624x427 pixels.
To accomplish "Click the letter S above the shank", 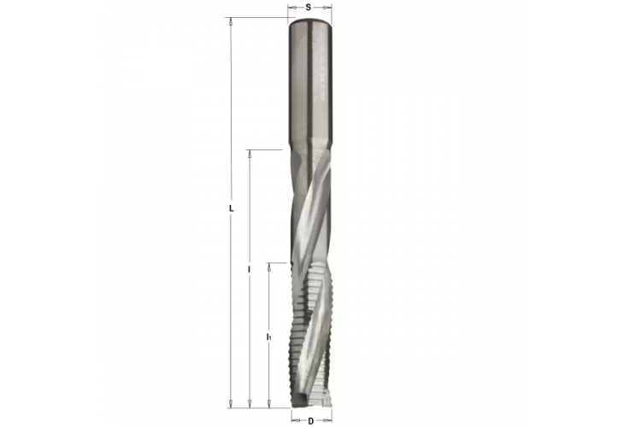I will [309, 6].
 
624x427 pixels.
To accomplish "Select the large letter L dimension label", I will [232, 208].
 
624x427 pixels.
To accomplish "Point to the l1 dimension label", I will [268, 337].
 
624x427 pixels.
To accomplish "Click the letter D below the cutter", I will [310, 420].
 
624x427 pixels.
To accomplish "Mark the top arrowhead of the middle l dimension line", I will [249, 155].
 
